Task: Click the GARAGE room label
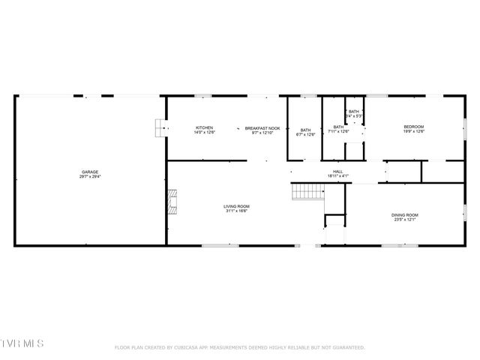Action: pyautogui.click(x=90, y=172)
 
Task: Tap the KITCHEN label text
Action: pyautogui.click(x=204, y=127)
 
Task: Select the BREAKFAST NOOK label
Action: pyautogui.click(x=262, y=127)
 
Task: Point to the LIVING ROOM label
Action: pyautogui.click(x=236, y=206)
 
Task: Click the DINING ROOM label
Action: pyautogui.click(x=403, y=215)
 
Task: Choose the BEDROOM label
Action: pyautogui.click(x=414, y=127)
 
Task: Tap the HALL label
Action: pyautogui.click(x=338, y=172)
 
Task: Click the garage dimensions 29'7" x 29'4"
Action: pyautogui.click(x=90, y=177)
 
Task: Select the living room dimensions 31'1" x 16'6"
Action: pyautogui.click(x=236, y=211)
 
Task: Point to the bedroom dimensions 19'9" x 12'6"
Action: pyautogui.click(x=414, y=132)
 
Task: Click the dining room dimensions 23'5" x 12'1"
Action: pyautogui.click(x=403, y=220)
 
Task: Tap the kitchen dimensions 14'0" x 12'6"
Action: pyautogui.click(x=204, y=133)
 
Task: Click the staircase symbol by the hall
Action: pyautogui.click(x=306, y=192)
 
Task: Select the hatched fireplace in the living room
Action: pyautogui.click(x=172, y=202)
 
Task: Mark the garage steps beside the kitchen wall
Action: pyautogui.click(x=160, y=129)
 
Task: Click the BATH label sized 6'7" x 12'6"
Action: pyautogui.click(x=305, y=130)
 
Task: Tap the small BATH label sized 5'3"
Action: pyautogui.click(x=354, y=112)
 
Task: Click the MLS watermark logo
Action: pyautogui.click(x=22, y=343)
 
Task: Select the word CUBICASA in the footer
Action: pyautogui.click(x=189, y=347)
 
